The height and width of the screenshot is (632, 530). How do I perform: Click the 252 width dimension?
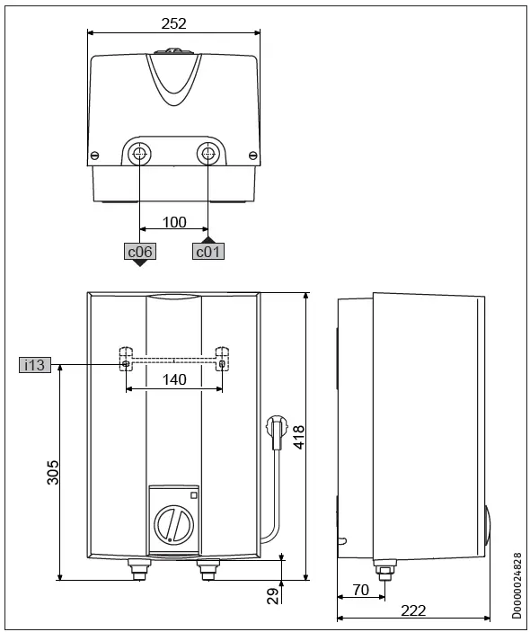pyautogui.click(x=174, y=23)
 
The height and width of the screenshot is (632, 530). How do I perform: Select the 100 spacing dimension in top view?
pyautogui.click(x=174, y=221)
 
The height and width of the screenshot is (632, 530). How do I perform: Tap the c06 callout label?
pyautogui.click(x=139, y=252)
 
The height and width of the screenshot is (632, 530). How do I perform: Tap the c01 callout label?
pyautogui.click(x=208, y=252)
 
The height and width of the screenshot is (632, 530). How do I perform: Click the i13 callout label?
pyautogui.click(x=34, y=364)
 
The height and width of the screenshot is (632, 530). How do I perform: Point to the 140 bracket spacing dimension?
pyautogui.click(x=174, y=379)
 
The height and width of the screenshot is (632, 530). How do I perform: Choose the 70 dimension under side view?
pyautogui.click(x=360, y=590)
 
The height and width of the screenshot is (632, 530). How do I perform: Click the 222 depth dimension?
pyautogui.click(x=412, y=610)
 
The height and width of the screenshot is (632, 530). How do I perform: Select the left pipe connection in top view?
pyautogui.click(x=140, y=154)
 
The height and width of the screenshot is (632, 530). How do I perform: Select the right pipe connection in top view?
pyautogui.click(x=208, y=154)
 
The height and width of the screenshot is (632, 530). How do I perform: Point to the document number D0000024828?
pyautogui.click(x=517, y=585)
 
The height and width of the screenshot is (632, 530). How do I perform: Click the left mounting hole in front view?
pyautogui.click(x=125, y=363)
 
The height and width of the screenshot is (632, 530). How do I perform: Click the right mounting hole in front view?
pyautogui.click(x=223, y=363)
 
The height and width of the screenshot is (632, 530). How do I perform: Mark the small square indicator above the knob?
pyautogui.click(x=193, y=494)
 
